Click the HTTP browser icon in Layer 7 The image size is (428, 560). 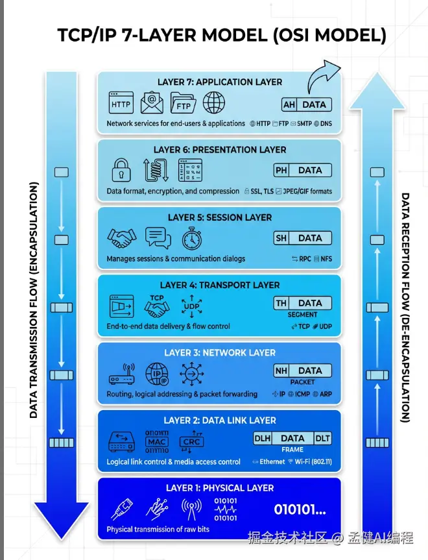coord(121,103)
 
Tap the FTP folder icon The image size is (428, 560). coord(184,103)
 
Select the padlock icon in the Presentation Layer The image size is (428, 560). coord(121,170)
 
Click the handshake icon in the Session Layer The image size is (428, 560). coord(121,238)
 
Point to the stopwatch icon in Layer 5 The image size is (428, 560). coord(192,238)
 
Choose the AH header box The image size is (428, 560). coord(289,104)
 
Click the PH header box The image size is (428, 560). coord(281,171)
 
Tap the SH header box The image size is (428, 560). coord(281,238)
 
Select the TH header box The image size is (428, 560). coord(281,303)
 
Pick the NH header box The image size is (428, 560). coord(281,371)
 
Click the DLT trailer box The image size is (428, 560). coord(322,439)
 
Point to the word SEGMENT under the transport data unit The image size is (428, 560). coord(303,315)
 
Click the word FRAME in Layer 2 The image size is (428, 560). coord(292,449)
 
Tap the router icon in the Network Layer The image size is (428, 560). coord(121,376)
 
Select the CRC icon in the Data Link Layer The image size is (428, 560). coord(191,442)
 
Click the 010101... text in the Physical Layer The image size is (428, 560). coord(300,509)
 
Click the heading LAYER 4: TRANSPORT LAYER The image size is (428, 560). coord(220,285)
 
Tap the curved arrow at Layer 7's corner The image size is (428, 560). coord(324,77)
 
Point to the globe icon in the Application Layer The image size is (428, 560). coord(214,103)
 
